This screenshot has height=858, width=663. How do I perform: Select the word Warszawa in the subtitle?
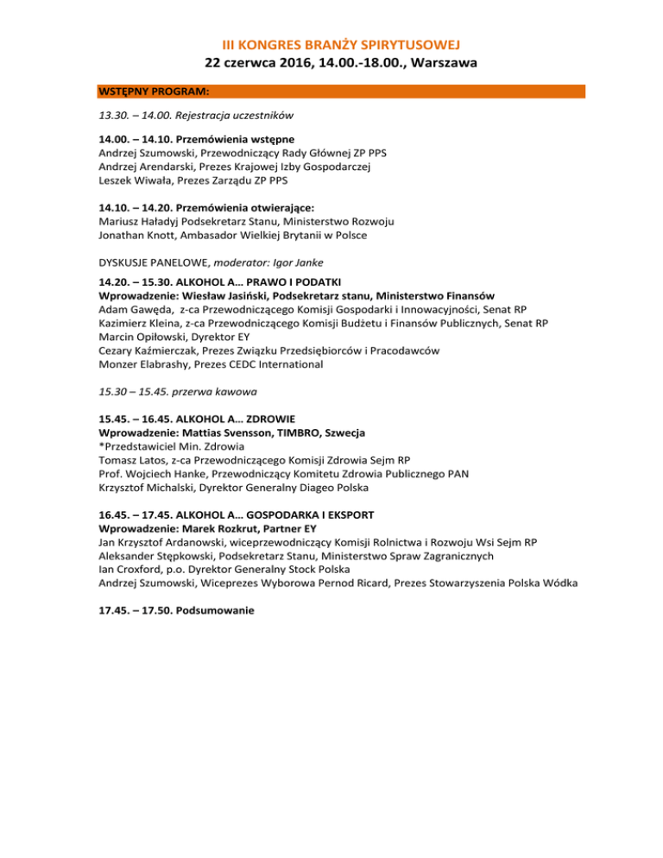429,63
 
